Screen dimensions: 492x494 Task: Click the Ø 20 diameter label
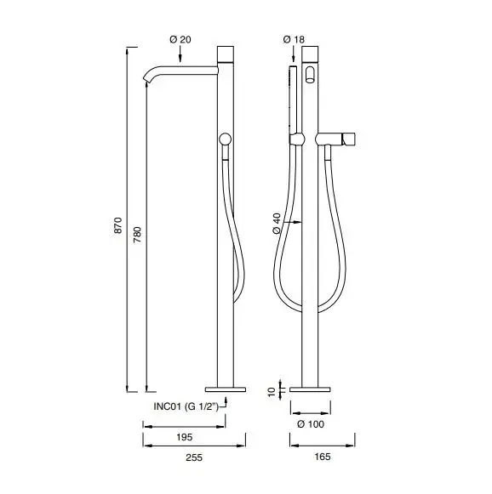tap(180, 40)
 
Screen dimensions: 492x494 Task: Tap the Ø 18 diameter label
tap(294, 40)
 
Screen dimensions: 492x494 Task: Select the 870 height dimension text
tap(117, 225)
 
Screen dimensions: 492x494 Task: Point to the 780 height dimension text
tap(138, 235)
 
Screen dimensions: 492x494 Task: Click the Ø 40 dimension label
tap(277, 224)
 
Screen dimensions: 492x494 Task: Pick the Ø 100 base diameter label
tap(311, 424)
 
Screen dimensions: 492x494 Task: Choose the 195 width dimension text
tap(184, 437)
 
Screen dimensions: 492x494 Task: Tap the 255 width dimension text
tap(193, 457)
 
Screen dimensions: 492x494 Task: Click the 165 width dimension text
tap(323, 457)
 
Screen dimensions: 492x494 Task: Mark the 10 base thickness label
tap(272, 392)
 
